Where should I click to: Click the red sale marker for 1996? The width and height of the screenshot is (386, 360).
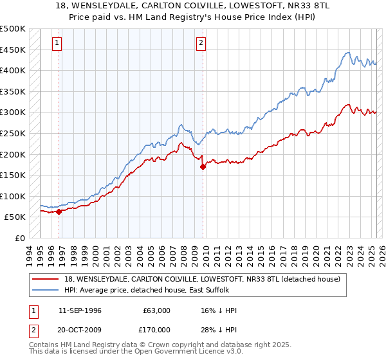pyautogui.click(x=59, y=211)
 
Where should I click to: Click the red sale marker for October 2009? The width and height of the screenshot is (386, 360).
pyautogui.click(x=203, y=166)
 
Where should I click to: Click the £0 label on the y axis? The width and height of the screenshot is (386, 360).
pyautogui.click(x=20, y=238)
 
